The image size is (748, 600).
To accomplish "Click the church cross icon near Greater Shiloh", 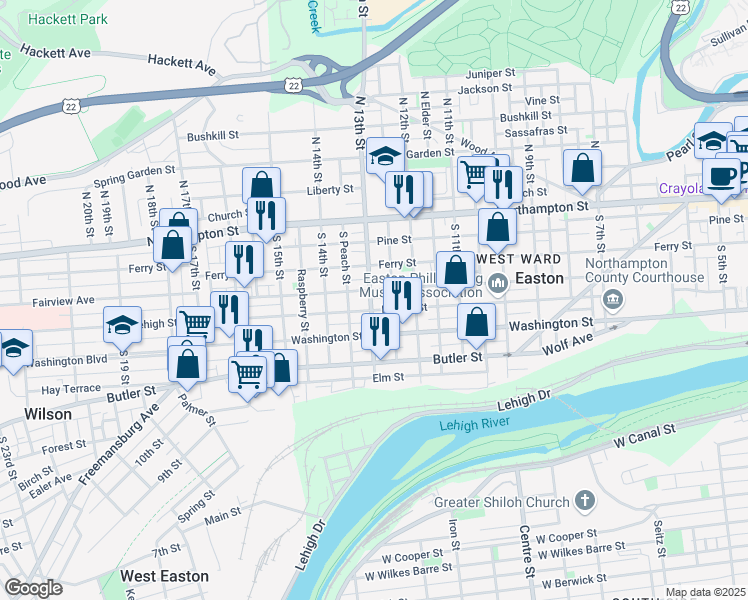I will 585,500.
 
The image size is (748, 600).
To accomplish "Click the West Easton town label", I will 164,576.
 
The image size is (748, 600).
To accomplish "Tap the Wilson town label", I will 48,413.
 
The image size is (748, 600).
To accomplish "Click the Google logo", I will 33,588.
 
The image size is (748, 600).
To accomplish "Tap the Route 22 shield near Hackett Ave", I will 293,87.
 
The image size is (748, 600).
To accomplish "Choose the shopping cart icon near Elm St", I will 246,374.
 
